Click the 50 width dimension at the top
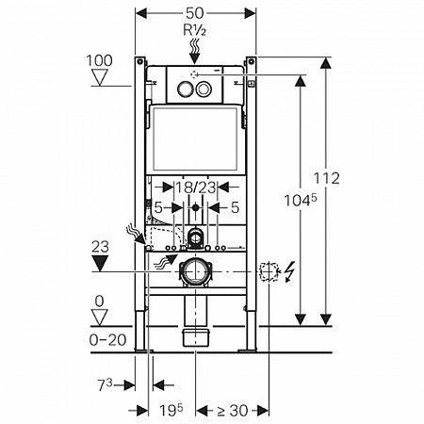point(195,13)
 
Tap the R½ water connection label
point(195,30)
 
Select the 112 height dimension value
point(327,178)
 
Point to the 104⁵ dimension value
point(301,200)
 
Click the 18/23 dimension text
point(195,188)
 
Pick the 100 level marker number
point(99,60)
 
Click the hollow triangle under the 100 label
point(100,77)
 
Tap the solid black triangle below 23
point(100,263)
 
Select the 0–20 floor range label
point(107,340)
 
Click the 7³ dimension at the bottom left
point(105,384)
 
